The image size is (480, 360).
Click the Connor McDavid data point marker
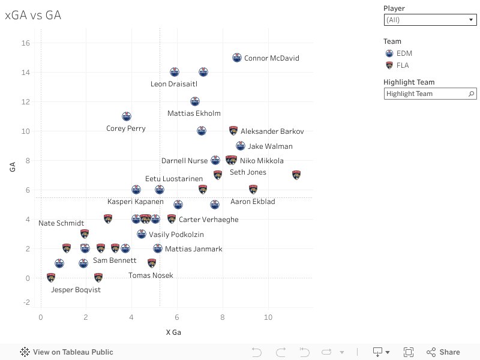click(237, 58)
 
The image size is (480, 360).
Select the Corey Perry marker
click(127, 116)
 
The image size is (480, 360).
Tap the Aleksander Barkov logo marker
click(233, 131)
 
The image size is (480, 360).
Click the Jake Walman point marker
click(241, 146)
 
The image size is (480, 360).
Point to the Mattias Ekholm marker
click(194, 101)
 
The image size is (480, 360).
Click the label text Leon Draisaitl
click(174, 84)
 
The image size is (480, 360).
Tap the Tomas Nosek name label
click(151, 275)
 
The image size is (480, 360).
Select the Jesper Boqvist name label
click(76, 290)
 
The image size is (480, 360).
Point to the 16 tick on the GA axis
click(26, 43)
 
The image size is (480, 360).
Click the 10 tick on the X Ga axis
click(268, 317)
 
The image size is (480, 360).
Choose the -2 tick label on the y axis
click(26, 302)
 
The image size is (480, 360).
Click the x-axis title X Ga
click(173, 332)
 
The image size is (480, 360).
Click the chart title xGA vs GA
click(33, 16)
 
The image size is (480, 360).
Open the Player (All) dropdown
click(430, 20)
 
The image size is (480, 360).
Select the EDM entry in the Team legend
click(404, 53)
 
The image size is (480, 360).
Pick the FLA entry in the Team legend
click(403, 65)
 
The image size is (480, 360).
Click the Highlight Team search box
click(426, 94)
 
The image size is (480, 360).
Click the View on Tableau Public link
click(67, 352)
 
